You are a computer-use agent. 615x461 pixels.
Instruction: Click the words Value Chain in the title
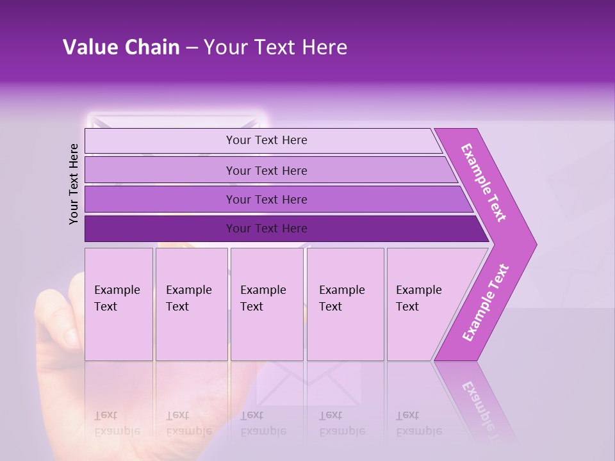click(x=121, y=47)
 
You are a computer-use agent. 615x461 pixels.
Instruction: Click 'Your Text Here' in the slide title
click(x=275, y=47)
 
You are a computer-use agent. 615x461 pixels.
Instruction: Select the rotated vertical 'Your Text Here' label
click(x=74, y=184)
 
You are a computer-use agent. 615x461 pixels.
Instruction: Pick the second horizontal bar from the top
click(x=266, y=170)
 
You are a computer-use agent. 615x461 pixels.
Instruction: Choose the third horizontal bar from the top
click(x=266, y=199)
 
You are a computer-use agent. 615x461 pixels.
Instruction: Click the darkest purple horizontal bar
click(x=266, y=229)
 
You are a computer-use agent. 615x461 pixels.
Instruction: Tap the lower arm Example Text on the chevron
click(x=485, y=303)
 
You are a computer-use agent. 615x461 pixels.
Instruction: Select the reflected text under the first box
click(x=117, y=423)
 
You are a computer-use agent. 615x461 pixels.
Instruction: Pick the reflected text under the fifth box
click(x=419, y=423)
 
